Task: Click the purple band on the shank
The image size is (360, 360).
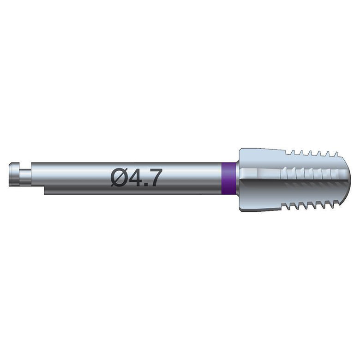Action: point(229,179)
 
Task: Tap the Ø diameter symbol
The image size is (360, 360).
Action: point(119,178)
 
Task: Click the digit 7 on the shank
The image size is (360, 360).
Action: point(154,178)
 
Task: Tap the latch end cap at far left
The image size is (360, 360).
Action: point(14,174)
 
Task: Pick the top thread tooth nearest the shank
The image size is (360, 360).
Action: point(293,152)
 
